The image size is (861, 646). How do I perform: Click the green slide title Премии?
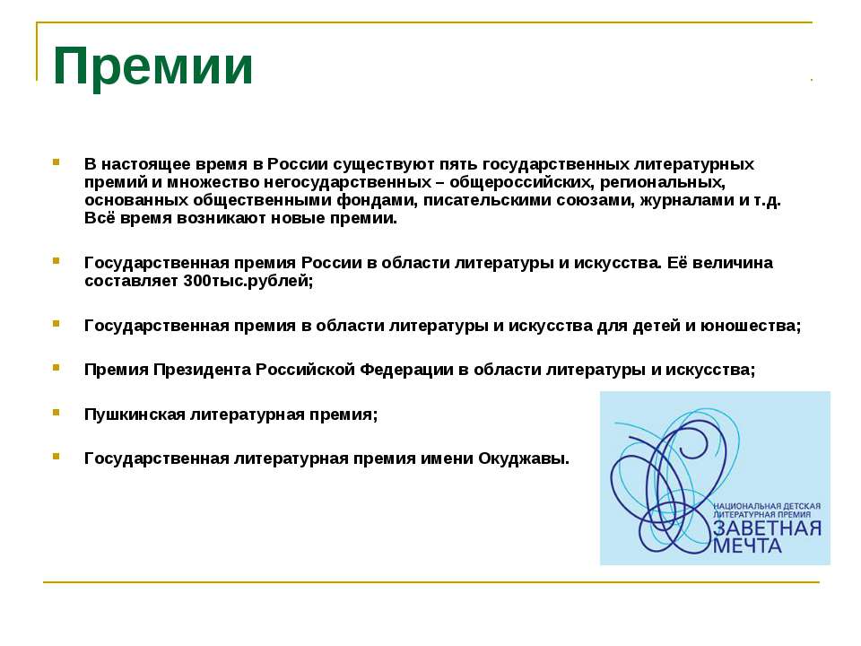point(153,65)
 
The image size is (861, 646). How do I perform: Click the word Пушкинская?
point(135,414)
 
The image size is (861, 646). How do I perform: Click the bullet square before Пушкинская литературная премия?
point(57,412)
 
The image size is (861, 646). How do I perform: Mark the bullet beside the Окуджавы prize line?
point(57,457)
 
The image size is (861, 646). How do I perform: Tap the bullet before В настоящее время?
point(57,162)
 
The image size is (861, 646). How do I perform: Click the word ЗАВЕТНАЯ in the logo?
point(767,528)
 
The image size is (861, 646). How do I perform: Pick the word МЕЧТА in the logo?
point(748,546)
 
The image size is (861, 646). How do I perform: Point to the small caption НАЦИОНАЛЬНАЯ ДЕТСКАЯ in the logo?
point(767,507)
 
